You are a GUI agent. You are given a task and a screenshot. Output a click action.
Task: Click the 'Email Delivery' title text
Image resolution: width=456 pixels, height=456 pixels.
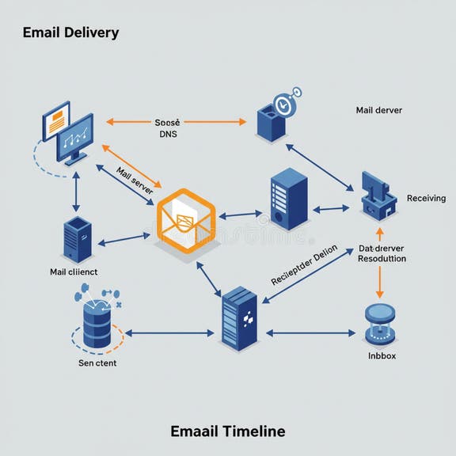point(70,32)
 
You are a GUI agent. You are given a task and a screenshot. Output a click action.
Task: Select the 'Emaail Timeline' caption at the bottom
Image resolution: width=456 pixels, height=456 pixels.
point(227,431)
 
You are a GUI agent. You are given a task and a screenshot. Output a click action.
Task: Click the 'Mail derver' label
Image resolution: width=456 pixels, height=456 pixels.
point(379,110)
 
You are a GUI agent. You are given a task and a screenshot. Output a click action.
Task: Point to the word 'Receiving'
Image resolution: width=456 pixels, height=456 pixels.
point(426,198)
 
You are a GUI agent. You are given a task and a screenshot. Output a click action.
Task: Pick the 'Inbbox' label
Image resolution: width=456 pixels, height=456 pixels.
point(382,356)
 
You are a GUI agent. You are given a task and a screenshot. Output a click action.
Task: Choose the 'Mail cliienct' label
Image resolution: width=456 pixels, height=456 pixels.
point(74,272)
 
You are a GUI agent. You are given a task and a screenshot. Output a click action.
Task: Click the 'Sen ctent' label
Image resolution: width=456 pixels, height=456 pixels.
point(97,363)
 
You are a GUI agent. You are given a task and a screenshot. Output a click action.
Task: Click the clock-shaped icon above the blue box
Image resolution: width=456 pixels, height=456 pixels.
point(289,102)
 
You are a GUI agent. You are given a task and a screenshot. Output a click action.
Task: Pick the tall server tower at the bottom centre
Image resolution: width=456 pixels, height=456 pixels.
point(240,318)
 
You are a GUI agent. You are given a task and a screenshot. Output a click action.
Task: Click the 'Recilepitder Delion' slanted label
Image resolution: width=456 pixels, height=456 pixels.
point(304,266)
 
